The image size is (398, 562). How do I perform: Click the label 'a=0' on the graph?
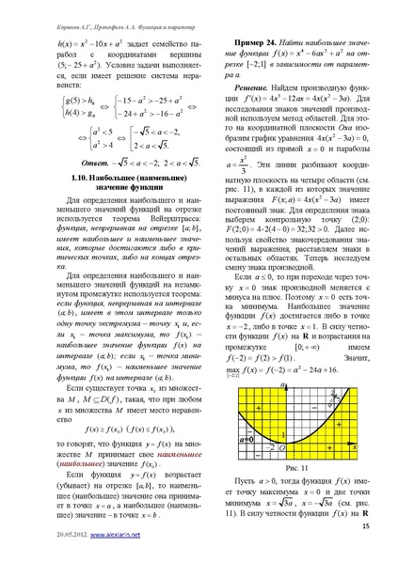click(247, 439)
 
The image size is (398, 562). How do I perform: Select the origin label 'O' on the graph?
click(281, 447)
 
